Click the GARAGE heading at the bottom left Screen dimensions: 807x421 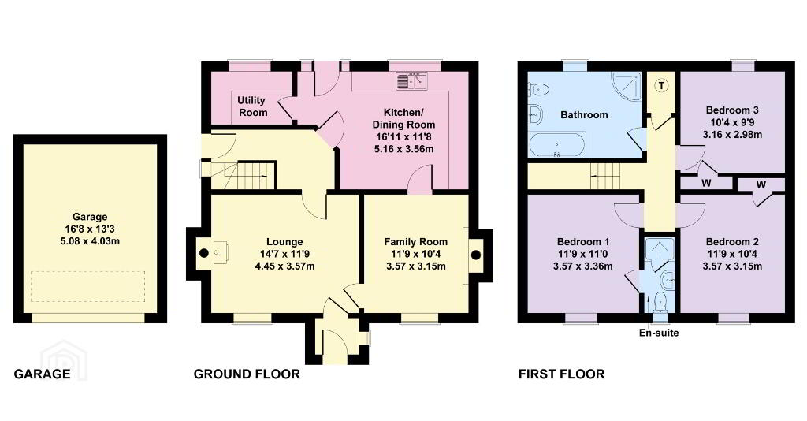coord(42,374)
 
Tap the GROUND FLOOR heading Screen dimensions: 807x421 coord(247,374)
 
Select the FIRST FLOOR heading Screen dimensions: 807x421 coord(561,374)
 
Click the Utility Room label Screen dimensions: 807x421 coord(252,106)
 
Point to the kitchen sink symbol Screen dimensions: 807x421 coord(412,81)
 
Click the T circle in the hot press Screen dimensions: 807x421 coord(662,85)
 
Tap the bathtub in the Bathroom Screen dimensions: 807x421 coord(557,144)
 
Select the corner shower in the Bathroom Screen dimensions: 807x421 coord(627,85)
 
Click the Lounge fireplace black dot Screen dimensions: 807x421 coord(204,253)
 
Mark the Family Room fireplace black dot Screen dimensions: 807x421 coord(476,255)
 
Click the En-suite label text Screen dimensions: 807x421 coord(659,333)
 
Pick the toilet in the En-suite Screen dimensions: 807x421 coord(660,302)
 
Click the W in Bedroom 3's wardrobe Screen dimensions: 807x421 coord(706,183)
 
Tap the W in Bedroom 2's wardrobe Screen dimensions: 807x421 coord(761,184)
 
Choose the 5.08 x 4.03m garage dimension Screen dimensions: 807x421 coord(90,241)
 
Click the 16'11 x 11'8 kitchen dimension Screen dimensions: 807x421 coord(403,137)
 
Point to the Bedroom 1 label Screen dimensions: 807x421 coord(583,242)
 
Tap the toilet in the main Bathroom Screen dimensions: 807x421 coord(538,90)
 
